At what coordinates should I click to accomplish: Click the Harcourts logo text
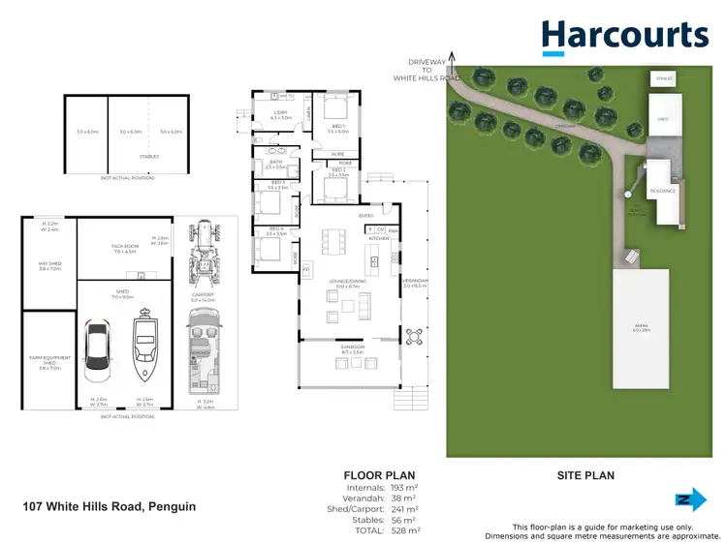(625, 36)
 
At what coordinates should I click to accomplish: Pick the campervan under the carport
(205, 351)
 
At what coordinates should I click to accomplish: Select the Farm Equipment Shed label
(48, 365)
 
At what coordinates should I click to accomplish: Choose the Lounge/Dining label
(346, 285)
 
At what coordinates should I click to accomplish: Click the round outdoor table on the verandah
(414, 337)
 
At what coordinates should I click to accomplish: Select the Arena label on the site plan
(641, 330)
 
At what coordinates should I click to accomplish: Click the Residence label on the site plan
(662, 191)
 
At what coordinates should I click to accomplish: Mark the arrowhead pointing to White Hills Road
(449, 58)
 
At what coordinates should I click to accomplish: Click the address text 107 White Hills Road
(109, 506)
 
